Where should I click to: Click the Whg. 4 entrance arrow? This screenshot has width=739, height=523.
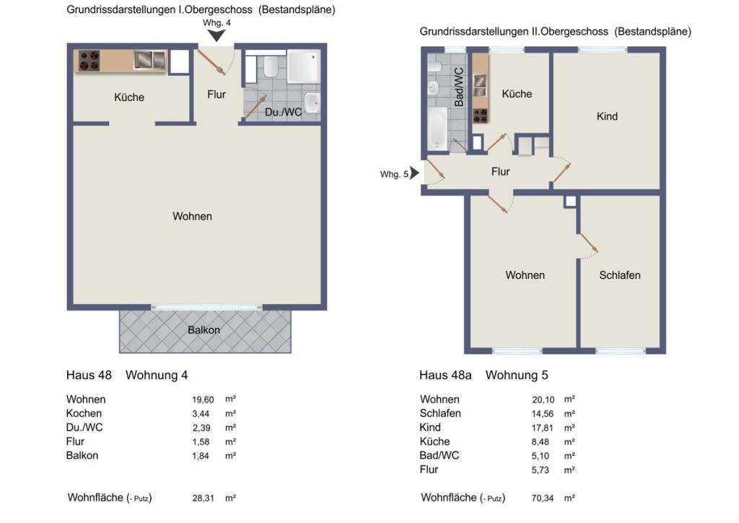point(217,35)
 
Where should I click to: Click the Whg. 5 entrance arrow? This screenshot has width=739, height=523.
point(414,173)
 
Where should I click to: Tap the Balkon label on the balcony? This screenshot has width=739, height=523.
point(204,329)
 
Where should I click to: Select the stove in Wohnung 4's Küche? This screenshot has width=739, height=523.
point(89,61)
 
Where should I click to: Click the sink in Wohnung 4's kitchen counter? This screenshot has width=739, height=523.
point(149,60)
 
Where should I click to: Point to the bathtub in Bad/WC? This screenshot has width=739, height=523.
point(438,129)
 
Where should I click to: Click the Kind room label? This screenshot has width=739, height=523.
point(607,116)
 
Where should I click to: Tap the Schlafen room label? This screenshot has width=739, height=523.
point(620,275)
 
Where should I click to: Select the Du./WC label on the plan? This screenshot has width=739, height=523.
point(283,112)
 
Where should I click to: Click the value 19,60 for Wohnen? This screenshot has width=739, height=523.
point(203,399)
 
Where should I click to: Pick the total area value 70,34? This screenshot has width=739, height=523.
point(543,498)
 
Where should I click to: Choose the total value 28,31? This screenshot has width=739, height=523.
point(203,498)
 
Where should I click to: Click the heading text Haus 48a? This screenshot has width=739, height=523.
point(445,375)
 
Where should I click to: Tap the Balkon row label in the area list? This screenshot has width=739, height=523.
point(82,456)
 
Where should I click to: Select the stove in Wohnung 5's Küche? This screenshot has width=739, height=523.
point(480,116)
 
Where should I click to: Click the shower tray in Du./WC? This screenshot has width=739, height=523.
point(302,66)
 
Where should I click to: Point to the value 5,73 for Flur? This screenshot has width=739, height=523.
point(540,470)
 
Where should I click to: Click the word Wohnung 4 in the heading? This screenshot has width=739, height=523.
point(157,375)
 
